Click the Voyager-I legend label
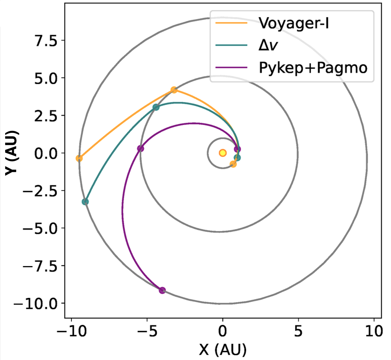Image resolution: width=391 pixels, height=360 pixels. pyautogui.click(x=293, y=23)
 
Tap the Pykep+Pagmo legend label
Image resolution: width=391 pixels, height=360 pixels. pyautogui.click(x=313, y=68)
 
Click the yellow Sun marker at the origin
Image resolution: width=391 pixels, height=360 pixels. pyautogui.click(x=223, y=153)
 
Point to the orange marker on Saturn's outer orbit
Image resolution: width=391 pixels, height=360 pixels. pyautogui.click(x=79, y=158)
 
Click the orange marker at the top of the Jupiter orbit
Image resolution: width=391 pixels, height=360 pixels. pyautogui.click(x=174, y=90)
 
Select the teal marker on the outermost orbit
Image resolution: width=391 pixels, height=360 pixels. pyautogui.click(x=85, y=202)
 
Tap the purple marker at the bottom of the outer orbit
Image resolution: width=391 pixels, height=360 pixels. pyautogui.click(x=162, y=290)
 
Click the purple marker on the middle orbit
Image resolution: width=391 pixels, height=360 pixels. pyautogui.click(x=141, y=148)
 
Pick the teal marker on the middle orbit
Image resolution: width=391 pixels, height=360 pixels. pyautogui.click(x=156, y=107)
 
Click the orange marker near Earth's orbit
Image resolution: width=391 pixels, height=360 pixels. pyautogui.click(x=233, y=164)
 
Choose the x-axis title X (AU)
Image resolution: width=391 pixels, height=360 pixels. pyautogui.click(x=223, y=349)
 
